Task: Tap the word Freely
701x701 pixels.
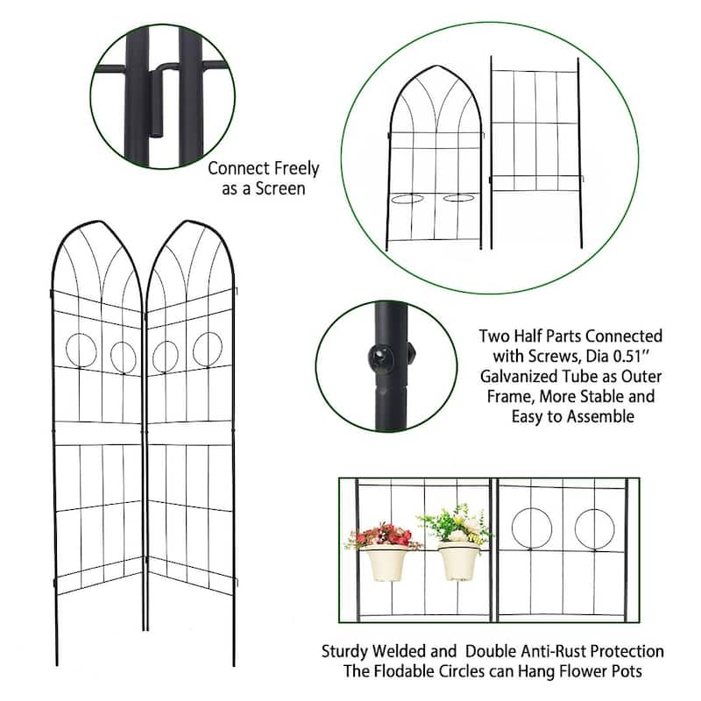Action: [x=295, y=168]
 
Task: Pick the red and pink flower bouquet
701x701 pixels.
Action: [x=383, y=535]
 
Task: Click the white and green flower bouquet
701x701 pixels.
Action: [x=457, y=526]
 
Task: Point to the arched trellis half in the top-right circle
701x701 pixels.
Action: [x=435, y=158]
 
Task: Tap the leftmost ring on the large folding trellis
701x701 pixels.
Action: [x=81, y=350]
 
